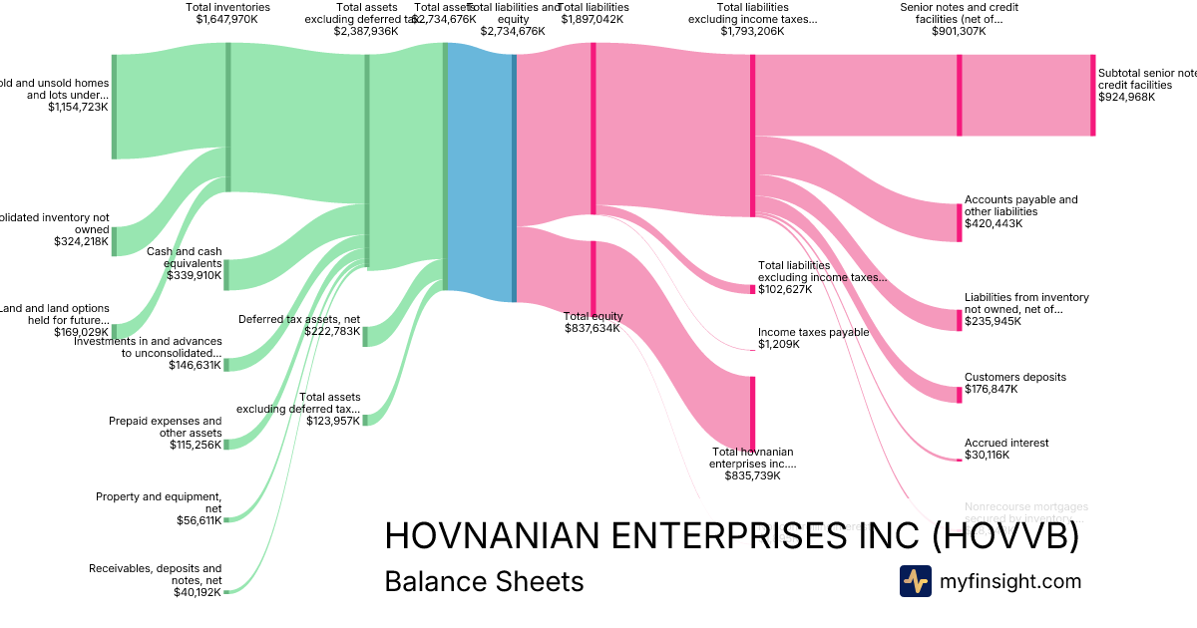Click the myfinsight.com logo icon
[915, 581]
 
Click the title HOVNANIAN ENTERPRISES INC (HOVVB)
[731, 536]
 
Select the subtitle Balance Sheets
[484, 581]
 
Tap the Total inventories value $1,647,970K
[226, 19]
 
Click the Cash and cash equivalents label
[185, 257]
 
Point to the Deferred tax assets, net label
[299, 319]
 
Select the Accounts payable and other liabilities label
[1020, 205]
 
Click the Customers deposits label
[1014, 377]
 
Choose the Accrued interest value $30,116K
[987, 455]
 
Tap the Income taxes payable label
[813, 332]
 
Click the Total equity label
[593, 316]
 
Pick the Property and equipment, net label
[159, 501]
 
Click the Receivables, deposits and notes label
[156, 574]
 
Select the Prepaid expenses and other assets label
[166, 427]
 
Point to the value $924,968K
[1126, 97]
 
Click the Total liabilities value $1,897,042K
[593, 19]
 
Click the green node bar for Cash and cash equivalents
[226, 274]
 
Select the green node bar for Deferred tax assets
[365, 335]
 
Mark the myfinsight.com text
[1010, 581]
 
